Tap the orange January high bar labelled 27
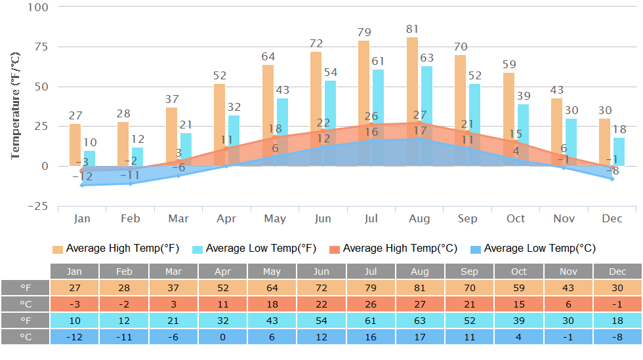click(x=75, y=144)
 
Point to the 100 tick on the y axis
click(x=38, y=7)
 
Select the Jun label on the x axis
click(x=323, y=218)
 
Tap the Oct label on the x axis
click(x=516, y=218)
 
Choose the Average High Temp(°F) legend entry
click(x=115, y=249)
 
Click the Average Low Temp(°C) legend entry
click(x=533, y=249)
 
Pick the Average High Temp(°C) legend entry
click(x=393, y=249)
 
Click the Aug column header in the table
click(x=420, y=271)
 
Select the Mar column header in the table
click(x=173, y=271)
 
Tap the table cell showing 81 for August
click(x=420, y=288)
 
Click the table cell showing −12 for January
click(x=75, y=336)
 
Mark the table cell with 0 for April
click(x=222, y=336)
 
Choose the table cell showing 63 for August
click(x=420, y=320)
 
